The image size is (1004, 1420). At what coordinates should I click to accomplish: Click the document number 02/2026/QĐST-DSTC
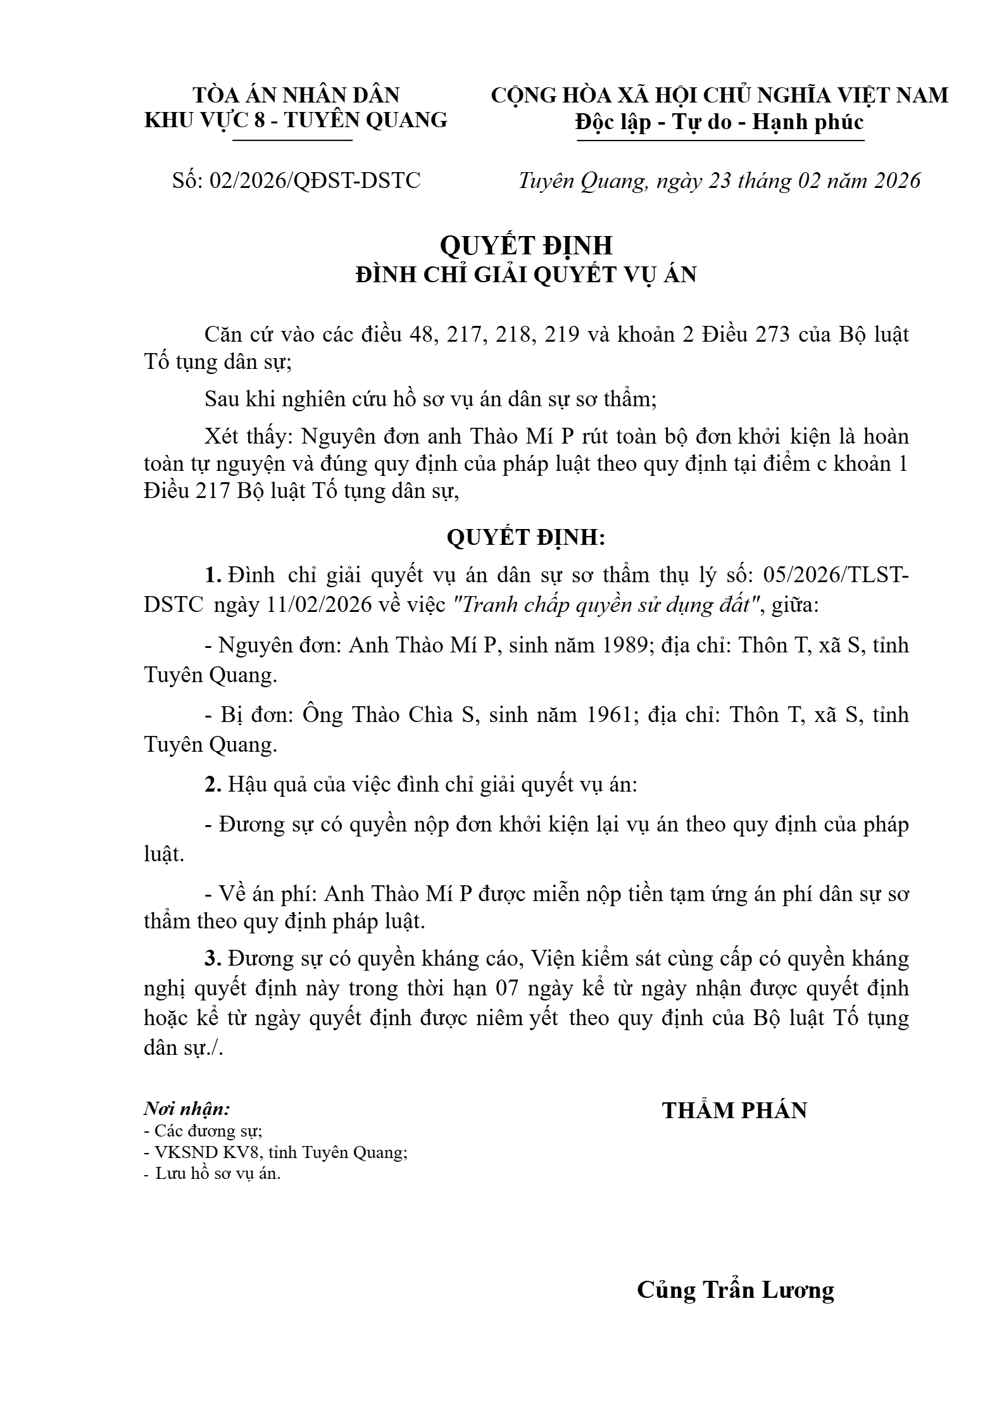pos(315,181)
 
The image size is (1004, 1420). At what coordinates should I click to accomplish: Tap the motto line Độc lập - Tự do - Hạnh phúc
pos(719,121)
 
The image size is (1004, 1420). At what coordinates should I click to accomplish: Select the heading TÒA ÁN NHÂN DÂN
pos(296,95)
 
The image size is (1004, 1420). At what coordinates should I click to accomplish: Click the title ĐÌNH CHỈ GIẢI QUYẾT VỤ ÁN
pos(525,275)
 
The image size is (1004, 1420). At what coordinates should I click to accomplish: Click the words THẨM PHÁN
pos(734,1111)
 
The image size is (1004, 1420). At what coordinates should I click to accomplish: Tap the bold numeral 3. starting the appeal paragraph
pos(213,959)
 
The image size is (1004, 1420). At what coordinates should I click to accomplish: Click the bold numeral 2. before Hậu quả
pos(213,785)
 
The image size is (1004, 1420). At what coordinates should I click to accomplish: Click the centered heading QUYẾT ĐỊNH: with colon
pos(525,538)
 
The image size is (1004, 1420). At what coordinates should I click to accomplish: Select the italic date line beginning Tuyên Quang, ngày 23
pos(719,181)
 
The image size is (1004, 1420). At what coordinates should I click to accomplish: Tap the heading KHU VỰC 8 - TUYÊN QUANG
pos(296,120)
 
